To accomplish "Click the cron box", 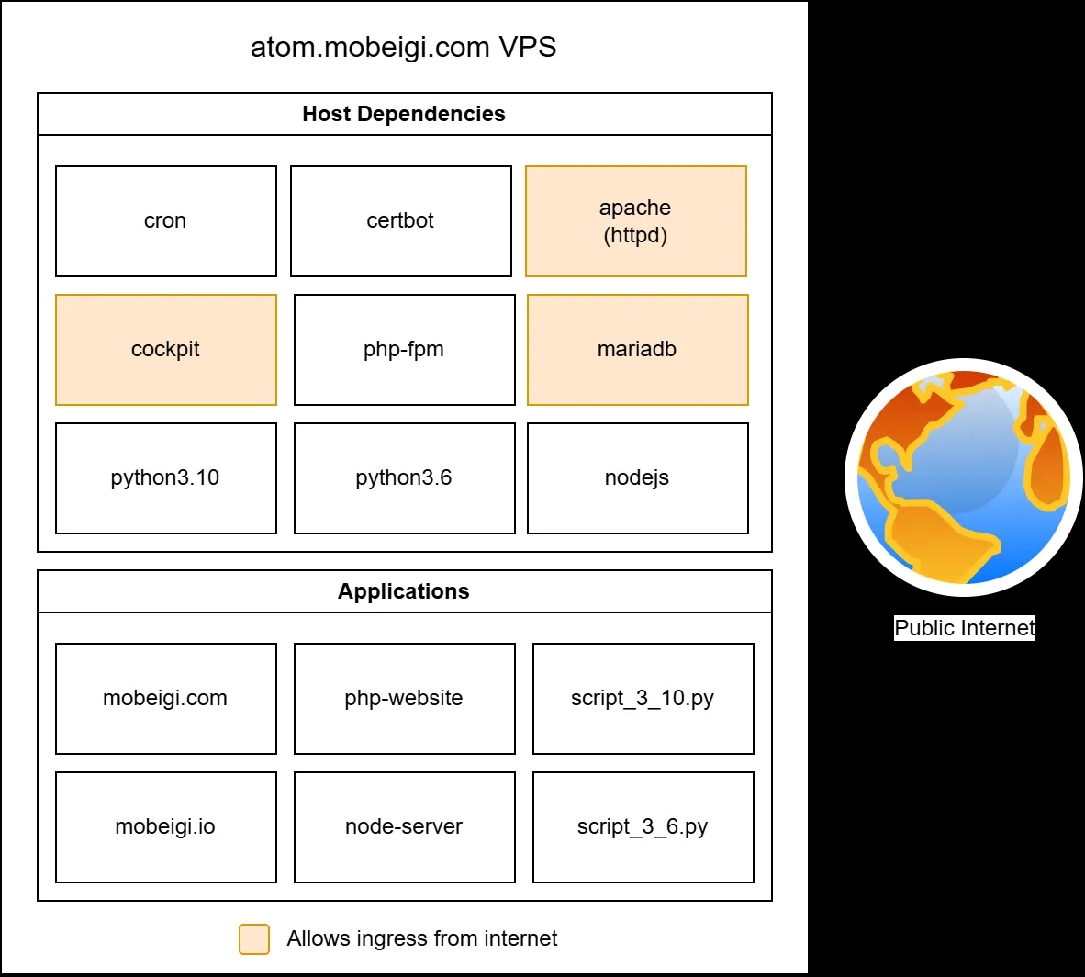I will click(165, 221).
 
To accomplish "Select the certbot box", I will click(400, 221).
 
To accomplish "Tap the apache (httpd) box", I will click(635, 221).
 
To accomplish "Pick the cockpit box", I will click(165, 350).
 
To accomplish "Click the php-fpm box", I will click(404, 350).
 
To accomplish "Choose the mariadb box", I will click(637, 350).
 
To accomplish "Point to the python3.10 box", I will click(165, 478).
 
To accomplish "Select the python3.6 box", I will click(404, 478).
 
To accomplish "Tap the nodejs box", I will click(637, 478).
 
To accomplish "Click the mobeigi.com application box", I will click(165, 699).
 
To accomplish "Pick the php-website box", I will click(404, 699).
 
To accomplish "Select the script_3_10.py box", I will click(643, 699).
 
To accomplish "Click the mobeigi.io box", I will click(165, 827).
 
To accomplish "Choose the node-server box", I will click(404, 827).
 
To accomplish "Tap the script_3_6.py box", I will click(643, 827).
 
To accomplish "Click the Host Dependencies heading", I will click(404, 114).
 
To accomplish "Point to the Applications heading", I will click(404, 591).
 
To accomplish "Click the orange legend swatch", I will click(254, 939).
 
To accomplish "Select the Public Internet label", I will click(964, 628).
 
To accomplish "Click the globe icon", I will click(964, 477).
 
